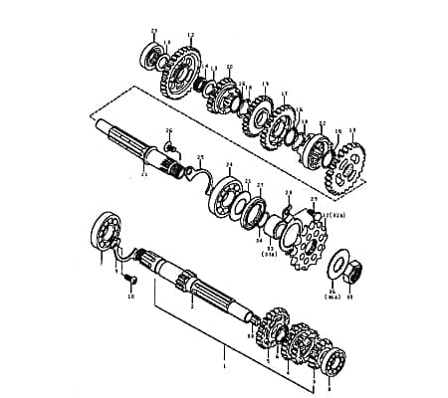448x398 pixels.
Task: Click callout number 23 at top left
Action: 153,31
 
